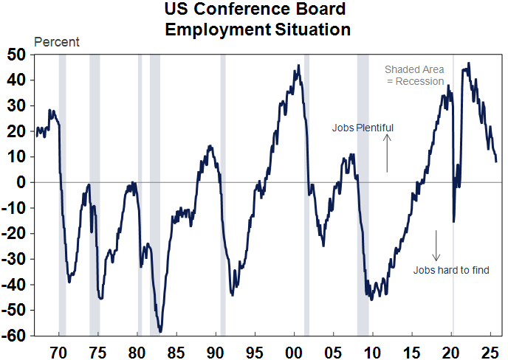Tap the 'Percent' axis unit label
(x=57, y=42)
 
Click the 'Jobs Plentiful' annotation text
(x=363, y=128)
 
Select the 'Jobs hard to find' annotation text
(x=451, y=270)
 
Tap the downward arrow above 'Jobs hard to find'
(x=436, y=246)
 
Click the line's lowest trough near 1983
(x=160, y=331)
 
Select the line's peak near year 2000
(x=298, y=66)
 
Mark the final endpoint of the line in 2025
(x=496, y=161)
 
